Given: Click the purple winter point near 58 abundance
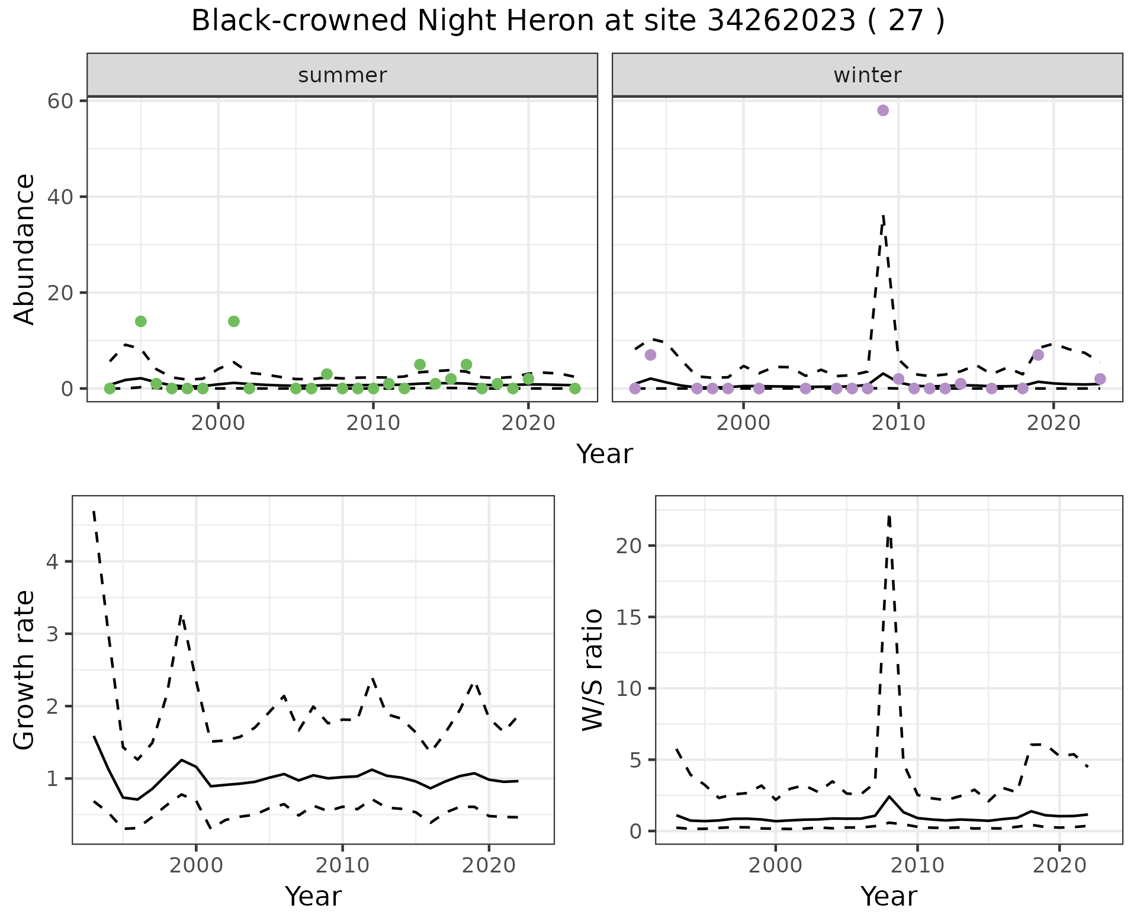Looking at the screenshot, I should (x=883, y=110).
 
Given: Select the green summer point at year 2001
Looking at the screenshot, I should (x=234, y=321).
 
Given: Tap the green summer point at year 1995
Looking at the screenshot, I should (x=141, y=321).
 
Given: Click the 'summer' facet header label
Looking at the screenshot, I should (x=342, y=75).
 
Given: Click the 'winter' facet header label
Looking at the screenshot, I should (x=868, y=75).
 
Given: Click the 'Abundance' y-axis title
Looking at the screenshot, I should (x=25, y=249).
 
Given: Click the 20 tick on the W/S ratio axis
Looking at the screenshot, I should (x=628, y=546).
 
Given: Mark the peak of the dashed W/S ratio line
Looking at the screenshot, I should (x=889, y=516).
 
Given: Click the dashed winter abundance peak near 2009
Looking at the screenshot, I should (x=883, y=217).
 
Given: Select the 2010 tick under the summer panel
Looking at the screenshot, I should (x=373, y=423).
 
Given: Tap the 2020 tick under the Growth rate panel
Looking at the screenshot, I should (x=489, y=865).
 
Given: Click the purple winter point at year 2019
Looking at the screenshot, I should (x=1038, y=355).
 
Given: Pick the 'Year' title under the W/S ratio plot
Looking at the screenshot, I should (x=889, y=897).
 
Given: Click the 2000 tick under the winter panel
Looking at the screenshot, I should (x=743, y=423).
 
